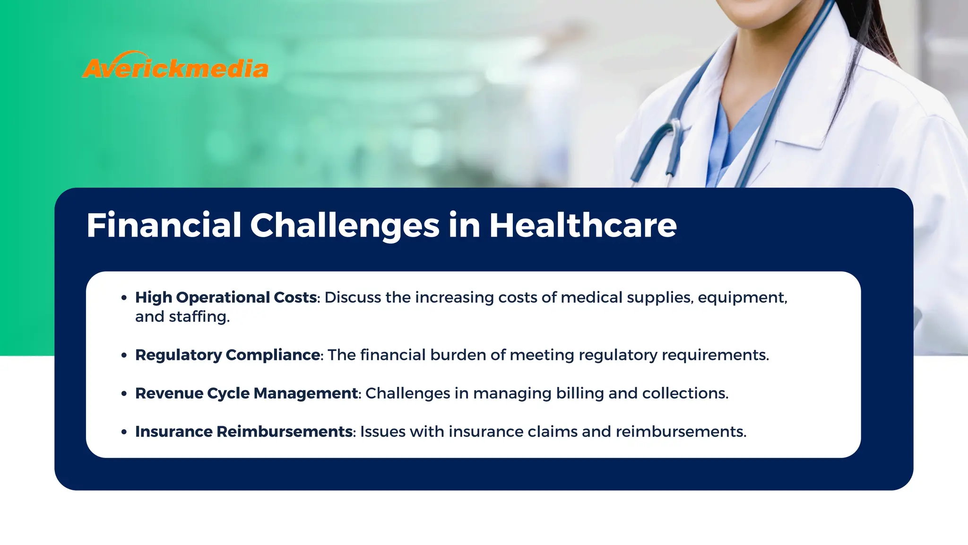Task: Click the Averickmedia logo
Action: click(175, 66)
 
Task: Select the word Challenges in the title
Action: click(345, 226)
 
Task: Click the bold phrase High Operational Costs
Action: click(226, 297)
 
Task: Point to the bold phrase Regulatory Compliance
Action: click(228, 355)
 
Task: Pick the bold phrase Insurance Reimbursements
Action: click(244, 431)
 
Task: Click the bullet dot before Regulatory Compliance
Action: click(124, 355)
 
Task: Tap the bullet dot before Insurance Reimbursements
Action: click(124, 432)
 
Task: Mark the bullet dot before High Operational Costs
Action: click(124, 298)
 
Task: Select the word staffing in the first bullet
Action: click(199, 316)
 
